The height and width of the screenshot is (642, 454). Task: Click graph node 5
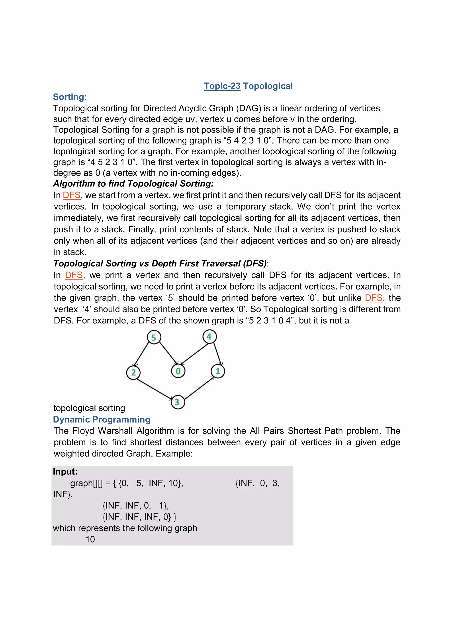coord(154,337)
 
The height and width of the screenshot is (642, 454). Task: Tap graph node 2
coord(133,372)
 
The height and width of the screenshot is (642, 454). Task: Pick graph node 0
coord(178,371)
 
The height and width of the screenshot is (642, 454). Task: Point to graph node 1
coord(218,371)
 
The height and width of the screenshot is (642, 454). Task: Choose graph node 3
coord(178,402)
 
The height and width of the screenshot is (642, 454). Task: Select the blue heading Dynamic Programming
coord(102,419)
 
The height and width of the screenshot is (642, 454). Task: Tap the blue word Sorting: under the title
coord(70,97)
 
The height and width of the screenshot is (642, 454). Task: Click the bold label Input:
coord(65,472)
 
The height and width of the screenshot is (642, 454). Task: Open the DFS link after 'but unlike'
coord(374,298)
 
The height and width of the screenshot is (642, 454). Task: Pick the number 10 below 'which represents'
coord(90,539)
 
